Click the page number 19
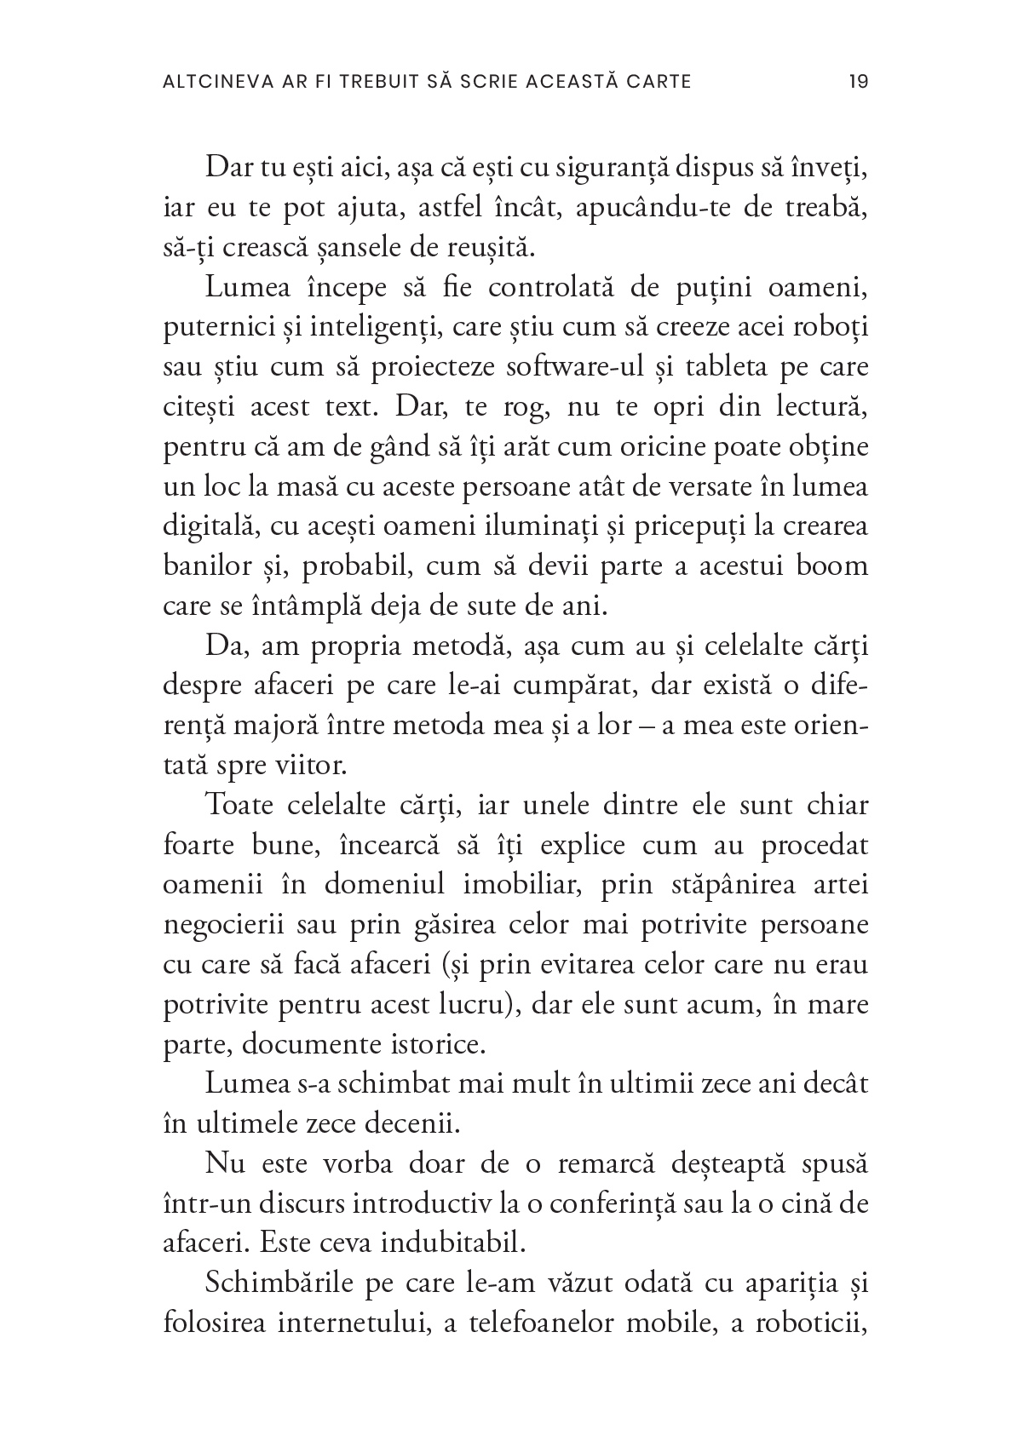click(858, 82)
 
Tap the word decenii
click(411, 1125)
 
